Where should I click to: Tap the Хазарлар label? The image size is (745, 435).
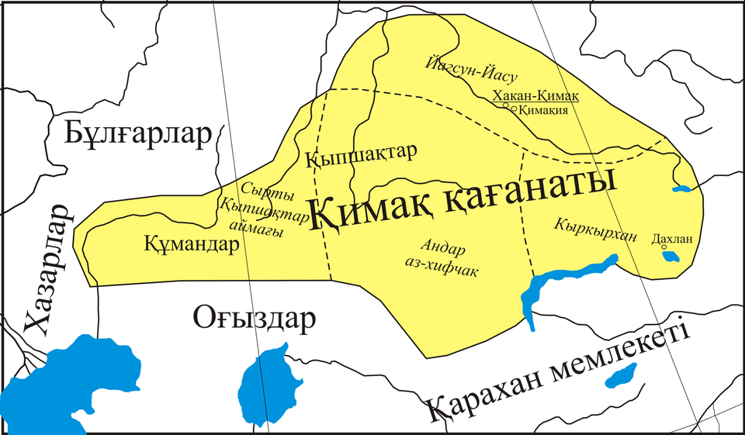pos(48,271)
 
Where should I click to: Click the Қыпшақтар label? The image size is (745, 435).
pos(362,155)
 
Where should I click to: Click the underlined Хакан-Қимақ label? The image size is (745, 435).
pos(535,95)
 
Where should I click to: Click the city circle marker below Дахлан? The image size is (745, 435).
pos(664,248)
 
